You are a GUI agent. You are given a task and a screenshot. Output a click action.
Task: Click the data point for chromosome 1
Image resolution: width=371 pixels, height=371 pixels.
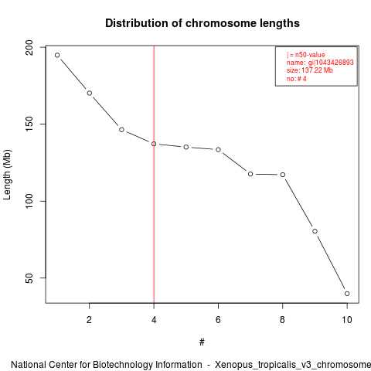[57, 55]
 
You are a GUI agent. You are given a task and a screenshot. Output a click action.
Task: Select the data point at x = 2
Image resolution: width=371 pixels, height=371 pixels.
[90, 93]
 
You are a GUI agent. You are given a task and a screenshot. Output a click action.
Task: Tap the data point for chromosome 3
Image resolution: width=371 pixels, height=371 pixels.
[121, 130]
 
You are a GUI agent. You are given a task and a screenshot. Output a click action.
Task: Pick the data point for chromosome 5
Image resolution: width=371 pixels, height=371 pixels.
[186, 147]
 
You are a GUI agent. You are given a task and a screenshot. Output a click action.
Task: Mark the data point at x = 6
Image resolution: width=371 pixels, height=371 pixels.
[218, 149]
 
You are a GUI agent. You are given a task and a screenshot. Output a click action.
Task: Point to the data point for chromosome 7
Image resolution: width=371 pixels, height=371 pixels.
[250, 174]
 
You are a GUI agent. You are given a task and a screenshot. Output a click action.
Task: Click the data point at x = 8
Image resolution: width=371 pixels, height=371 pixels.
[283, 175]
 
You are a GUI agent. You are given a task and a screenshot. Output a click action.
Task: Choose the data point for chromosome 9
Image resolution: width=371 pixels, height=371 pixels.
[315, 231]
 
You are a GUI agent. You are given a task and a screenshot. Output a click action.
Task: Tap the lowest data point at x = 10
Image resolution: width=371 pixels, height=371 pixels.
[347, 294]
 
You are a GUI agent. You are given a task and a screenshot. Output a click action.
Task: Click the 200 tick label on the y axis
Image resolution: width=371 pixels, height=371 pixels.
[29, 47]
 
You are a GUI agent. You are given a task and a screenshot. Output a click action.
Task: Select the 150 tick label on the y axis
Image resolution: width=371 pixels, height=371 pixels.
[29, 124]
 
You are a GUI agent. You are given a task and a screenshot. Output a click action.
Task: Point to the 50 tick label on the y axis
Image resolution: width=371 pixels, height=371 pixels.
[29, 278]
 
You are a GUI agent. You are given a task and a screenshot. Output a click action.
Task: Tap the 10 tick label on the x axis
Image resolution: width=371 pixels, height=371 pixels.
[347, 320]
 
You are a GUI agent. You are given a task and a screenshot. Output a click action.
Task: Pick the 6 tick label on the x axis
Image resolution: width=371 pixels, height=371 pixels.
[218, 320]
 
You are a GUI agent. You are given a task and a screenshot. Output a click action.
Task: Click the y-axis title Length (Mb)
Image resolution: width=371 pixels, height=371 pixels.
[7, 175]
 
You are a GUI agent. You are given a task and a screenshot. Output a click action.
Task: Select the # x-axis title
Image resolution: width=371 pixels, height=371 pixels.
[202, 342]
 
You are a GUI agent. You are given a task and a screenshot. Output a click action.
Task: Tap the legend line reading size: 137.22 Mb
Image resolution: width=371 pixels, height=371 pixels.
[310, 70]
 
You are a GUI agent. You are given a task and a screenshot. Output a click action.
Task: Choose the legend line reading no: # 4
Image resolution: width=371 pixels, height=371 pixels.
[297, 79]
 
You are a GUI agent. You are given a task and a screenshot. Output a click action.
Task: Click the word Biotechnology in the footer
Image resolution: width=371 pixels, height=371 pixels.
[147, 365]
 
